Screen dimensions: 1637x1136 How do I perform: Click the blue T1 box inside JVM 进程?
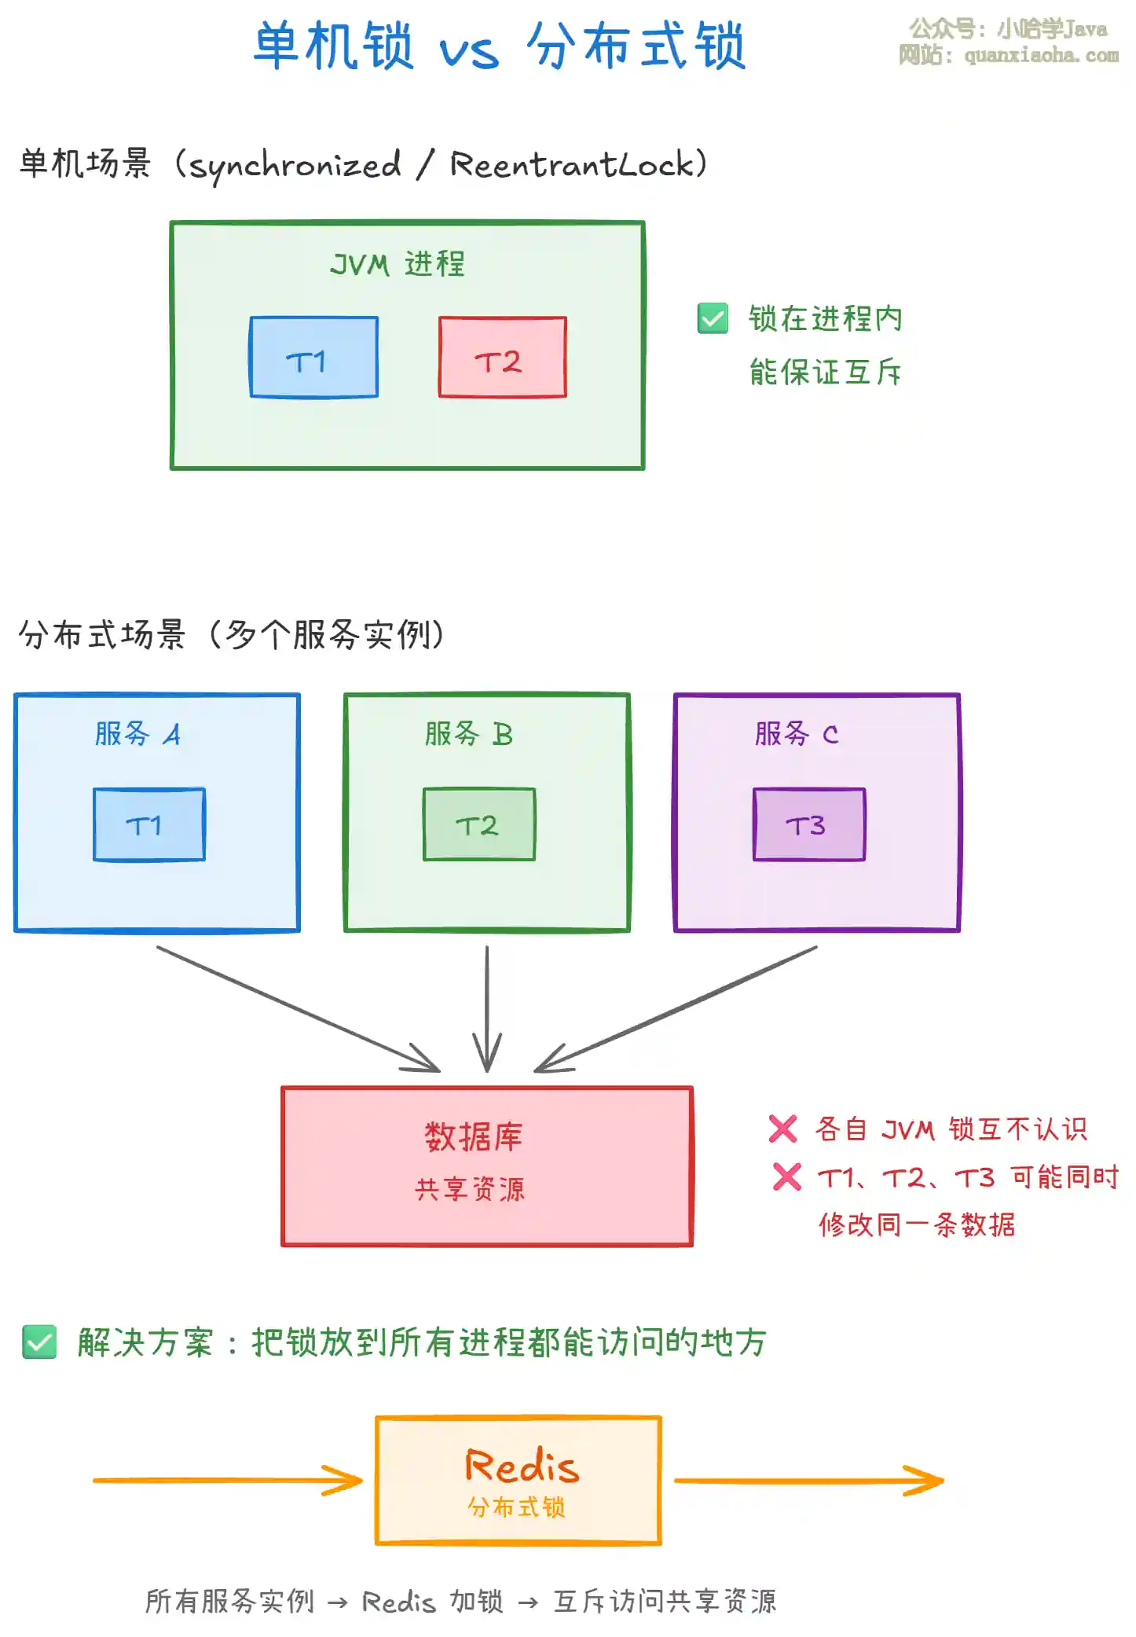tap(313, 358)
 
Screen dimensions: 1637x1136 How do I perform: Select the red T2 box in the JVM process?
tap(502, 358)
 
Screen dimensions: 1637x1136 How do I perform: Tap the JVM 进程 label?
tap(398, 264)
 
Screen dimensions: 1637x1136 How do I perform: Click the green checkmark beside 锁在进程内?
tap(713, 318)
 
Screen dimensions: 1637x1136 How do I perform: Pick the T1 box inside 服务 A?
tap(149, 824)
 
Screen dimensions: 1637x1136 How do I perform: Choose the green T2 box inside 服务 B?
tap(479, 824)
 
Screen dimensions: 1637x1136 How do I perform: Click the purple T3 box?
tap(809, 824)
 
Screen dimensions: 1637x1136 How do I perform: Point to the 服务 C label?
tap(797, 734)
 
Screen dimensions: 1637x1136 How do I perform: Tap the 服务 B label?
tap(468, 734)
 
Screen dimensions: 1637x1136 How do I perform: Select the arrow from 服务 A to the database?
tap(299, 1009)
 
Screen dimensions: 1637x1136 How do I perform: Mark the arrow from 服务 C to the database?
tap(676, 1009)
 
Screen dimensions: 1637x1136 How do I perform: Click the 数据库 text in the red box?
tap(474, 1136)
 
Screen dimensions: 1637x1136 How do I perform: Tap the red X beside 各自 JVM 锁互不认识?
tap(782, 1129)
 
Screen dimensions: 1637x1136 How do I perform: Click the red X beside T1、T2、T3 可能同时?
tap(786, 1176)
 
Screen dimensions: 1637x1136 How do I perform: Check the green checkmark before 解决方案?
tap(39, 1342)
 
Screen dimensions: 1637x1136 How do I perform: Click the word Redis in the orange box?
tap(522, 1466)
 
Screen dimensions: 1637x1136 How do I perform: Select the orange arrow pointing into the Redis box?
tap(228, 1481)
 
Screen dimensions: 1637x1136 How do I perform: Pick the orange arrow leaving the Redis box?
tap(809, 1481)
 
